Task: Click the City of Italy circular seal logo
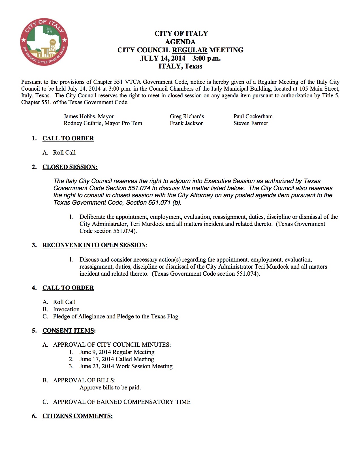click(x=44, y=42)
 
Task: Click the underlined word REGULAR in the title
click(x=190, y=50)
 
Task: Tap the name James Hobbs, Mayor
click(x=89, y=116)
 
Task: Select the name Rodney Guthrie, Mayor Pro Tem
click(x=103, y=123)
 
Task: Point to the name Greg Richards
click(x=187, y=116)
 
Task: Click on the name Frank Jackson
click(x=187, y=123)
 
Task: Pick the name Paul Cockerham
click(x=253, y=116)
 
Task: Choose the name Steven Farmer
click(x=251, y=123)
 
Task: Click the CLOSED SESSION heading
click(x=70, y=167)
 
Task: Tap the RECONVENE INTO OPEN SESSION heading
click(x=94, y=245)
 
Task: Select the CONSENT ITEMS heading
click(x=69, y=331)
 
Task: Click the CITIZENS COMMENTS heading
click(x=78, y=416)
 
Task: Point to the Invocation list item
click(x=66, y=309)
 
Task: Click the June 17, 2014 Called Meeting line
click(x=117, y=359)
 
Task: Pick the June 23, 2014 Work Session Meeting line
click(x=126, y=366)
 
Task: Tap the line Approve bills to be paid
click(x=110, y=387)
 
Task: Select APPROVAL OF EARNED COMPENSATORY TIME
click(x=122, y=402)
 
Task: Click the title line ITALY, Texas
click(x=180, y=66)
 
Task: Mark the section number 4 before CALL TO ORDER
click(x=34, y=288)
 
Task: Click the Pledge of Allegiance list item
click(x=116, y=316)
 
